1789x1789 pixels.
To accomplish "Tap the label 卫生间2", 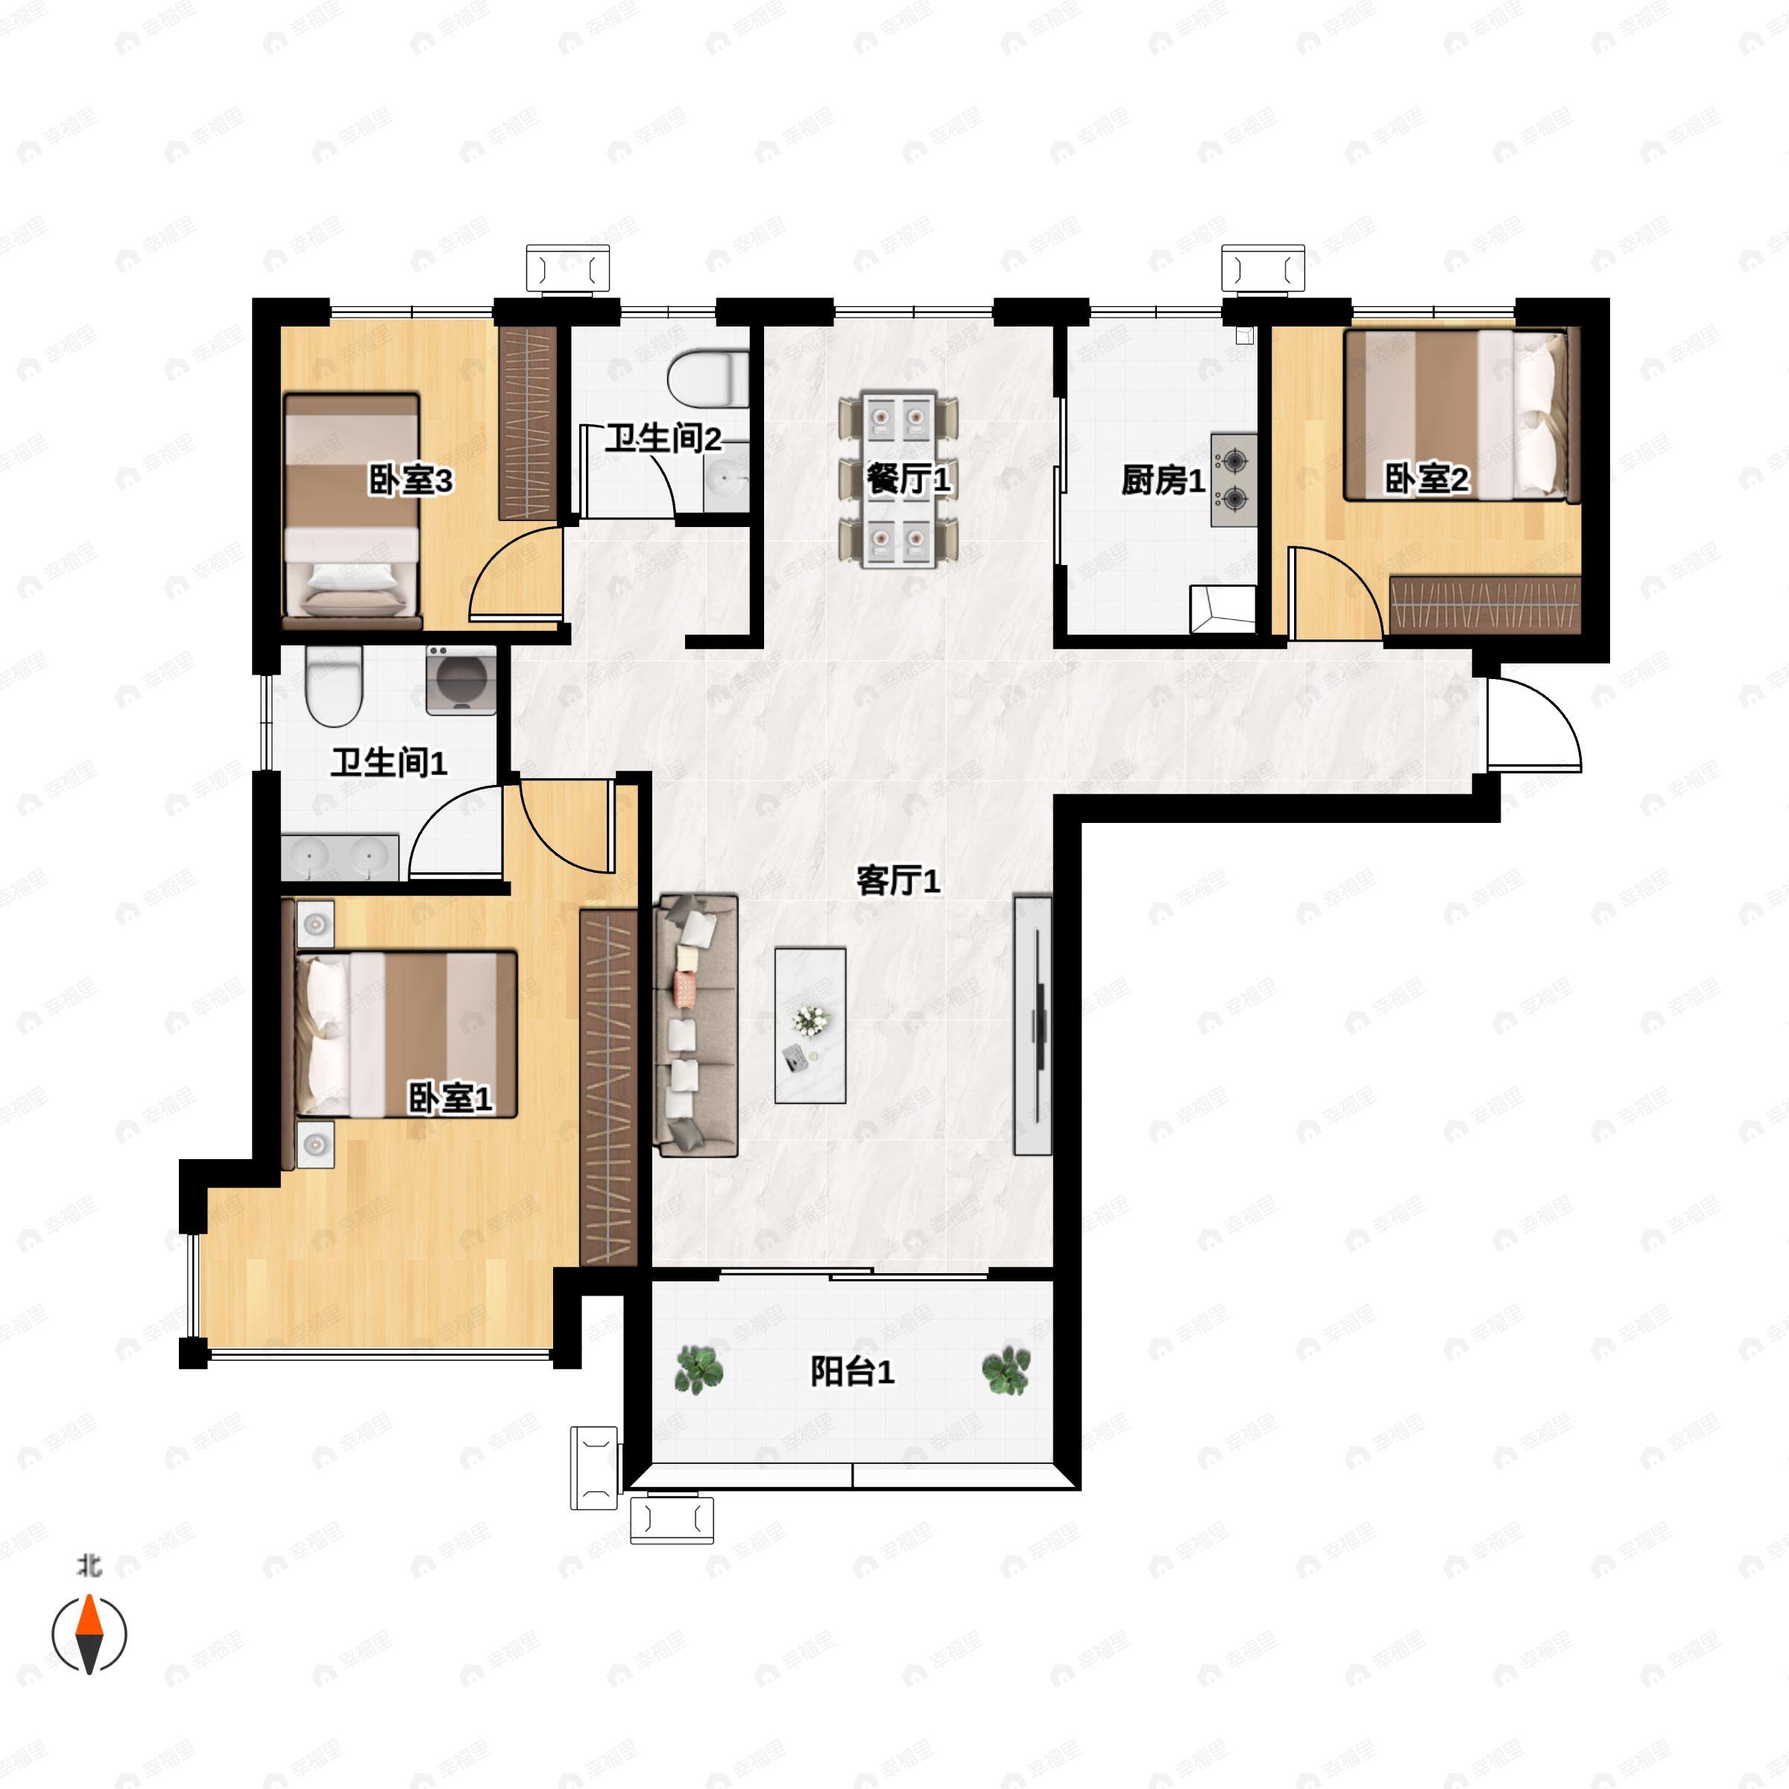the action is pyautogui.click(x=663, y=438).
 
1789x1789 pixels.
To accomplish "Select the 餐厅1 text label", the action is pyautogui.click(x=909, y=479).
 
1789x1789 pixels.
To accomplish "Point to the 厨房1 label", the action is pyautogui.click(x=1163, y=481).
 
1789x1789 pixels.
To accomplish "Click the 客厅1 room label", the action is pyautogui.click(x=898, y=880).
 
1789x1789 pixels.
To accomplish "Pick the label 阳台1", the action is pyautogui.click(x=852, y=1372).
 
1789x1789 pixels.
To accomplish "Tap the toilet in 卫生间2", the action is pyautogui.click(x=708, y=378).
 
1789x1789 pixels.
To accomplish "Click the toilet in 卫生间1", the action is pyautogui.click(x=333, y=686).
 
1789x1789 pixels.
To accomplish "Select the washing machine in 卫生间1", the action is pyautogui.click(x=460, y=681).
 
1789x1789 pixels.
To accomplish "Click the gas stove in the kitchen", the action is pyautogui.click(x=1234, y=479).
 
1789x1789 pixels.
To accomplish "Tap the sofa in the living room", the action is pyautogui.click(x=696, y=1025).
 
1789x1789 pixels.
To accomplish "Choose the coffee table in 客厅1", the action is pyautogui.click(x=810, y=1025).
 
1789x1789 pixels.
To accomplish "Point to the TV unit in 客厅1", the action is pyautogui.click(x=1032, y=1025).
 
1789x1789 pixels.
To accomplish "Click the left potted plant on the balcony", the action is pyautogui.click(x=699, y=1371).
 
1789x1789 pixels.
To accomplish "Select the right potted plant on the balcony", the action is pyautogui.click(x=1006, y=1371).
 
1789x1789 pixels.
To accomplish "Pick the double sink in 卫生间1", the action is pyautogui.click(x=340, y=857).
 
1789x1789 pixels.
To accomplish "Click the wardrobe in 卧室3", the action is pyautogui.click(x=528, y=422).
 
